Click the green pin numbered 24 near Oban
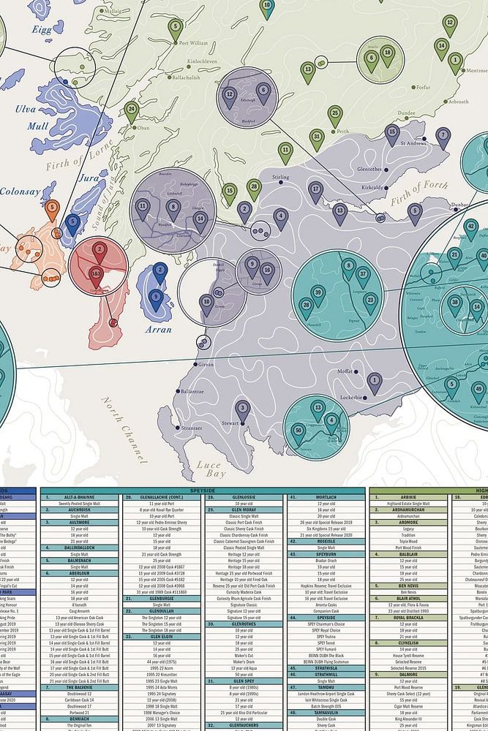131,112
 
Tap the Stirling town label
280,178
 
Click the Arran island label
159,329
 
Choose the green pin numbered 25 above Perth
335,115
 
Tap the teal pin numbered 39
318,295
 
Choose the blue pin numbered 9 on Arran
155,298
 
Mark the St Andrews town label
413,143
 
